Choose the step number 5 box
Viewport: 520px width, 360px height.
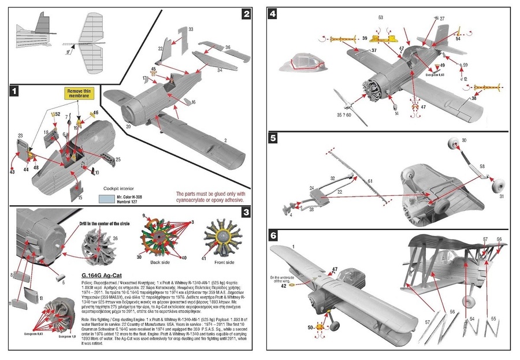point(273,139)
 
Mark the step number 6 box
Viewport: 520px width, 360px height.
point(273,236)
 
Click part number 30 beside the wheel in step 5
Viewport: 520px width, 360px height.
point(464,140)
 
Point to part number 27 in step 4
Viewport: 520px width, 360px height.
point(443,19)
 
